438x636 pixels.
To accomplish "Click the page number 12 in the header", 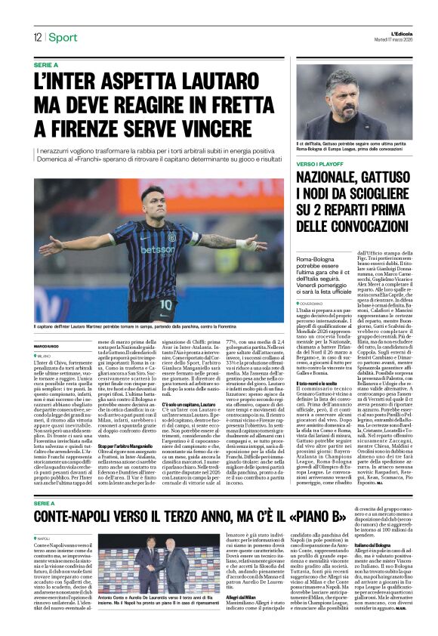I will coord(36,38).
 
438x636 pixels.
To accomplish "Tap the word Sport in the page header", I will coord(63,38).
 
